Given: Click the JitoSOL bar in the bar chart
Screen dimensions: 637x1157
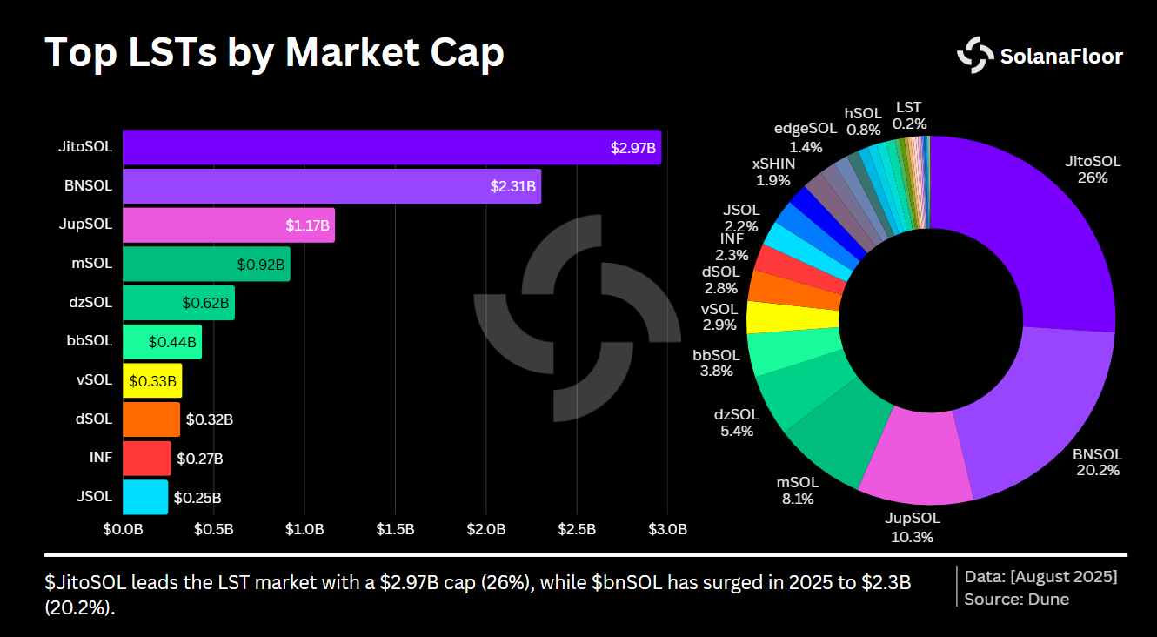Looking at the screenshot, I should (391, 147).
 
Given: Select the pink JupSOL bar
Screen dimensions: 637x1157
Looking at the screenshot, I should (228, 225).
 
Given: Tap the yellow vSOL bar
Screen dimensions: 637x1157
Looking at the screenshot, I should (152, 381).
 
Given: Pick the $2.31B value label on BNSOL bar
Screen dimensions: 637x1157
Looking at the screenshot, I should (513, 186).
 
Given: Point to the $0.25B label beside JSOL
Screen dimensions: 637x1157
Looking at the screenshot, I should (197, 498).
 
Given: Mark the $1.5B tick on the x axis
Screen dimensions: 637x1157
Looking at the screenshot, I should (395, 529).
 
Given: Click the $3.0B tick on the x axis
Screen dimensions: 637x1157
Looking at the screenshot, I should (667, 529).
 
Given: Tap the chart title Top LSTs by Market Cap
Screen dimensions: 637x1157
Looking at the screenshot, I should (274, 53).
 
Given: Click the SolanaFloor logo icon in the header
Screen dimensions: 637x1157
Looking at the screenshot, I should (975, 56).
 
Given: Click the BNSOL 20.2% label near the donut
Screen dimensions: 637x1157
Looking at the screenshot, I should (1096, 462).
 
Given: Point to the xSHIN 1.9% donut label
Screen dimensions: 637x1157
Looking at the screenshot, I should (773, 172).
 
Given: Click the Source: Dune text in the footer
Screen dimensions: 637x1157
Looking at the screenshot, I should (1016, 599).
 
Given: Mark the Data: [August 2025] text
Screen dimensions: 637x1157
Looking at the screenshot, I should (1040, 576).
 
